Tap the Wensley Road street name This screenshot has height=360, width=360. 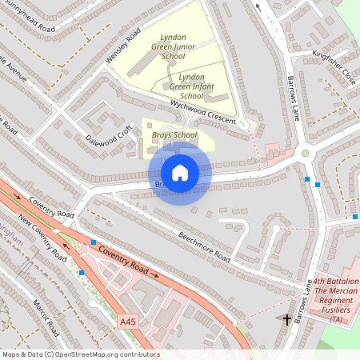click(122, 47)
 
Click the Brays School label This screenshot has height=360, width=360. click(174, 135)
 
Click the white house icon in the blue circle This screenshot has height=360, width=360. click(180, 172)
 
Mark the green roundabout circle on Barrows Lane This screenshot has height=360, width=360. click(305, 153)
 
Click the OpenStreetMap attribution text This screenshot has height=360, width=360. click(80, 354)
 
